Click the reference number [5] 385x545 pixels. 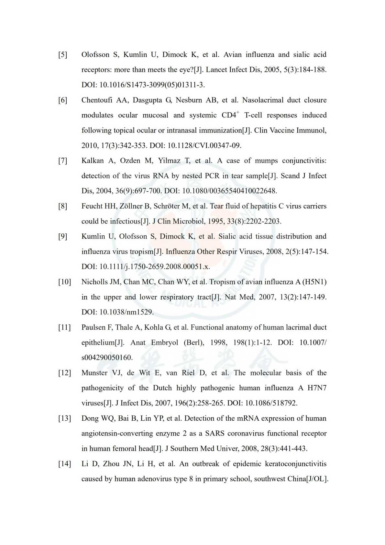[x=63, y=55]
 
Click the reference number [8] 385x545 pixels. [x=63, y=206]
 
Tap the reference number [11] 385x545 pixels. [x=64, y=327]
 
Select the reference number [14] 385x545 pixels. [x=64, y=464]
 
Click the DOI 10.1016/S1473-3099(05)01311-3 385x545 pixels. [x=152, y=85]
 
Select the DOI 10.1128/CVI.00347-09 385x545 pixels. [x=204, y=146]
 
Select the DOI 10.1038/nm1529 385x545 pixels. [x=126, y=312]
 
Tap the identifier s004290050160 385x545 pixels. [x=107, y=358]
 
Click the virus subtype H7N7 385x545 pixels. [x=317, y=388]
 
